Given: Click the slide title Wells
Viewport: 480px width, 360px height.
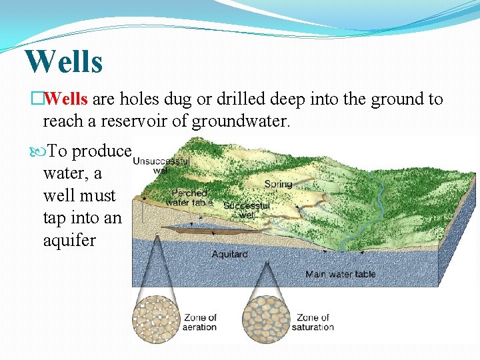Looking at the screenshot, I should coord(64,61).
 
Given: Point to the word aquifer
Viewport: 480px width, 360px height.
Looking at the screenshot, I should coord(69,240).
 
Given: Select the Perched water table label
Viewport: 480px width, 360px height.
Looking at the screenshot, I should coord(189,197).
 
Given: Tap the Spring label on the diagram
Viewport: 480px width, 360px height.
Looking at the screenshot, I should coord(278,184).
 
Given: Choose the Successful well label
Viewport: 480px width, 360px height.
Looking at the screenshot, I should coord(247,210).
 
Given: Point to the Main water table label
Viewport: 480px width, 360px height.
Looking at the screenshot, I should coord(340,274).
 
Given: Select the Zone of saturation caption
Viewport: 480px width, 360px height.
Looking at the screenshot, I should coord(313,322).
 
